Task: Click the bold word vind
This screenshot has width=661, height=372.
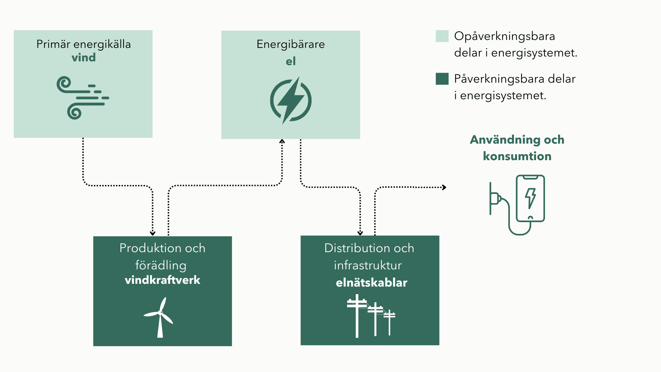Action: point(84,58)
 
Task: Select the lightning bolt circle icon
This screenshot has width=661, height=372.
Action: point(291,100)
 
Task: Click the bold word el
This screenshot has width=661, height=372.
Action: point(291,61)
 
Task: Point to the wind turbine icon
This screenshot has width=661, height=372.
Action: point(159,317)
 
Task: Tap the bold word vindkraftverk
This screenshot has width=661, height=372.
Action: point(162,280)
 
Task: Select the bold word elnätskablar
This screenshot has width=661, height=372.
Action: point(371,283)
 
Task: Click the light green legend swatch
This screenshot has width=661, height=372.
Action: point(442,36)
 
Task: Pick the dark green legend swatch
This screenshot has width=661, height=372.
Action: point(442,79)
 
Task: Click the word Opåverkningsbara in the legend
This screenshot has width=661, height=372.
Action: point(504,36)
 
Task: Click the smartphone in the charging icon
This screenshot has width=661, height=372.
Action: point(530,198)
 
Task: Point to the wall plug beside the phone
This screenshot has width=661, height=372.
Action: point(495,199)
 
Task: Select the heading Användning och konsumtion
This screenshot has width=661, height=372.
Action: point(517,148)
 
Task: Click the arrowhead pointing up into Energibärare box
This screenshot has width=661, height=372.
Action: point(282,141)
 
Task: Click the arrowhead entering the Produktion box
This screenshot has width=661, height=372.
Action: point(153,233)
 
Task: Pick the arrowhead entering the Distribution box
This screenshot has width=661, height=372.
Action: point(360,233)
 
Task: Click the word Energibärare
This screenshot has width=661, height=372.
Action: point(291,44)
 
